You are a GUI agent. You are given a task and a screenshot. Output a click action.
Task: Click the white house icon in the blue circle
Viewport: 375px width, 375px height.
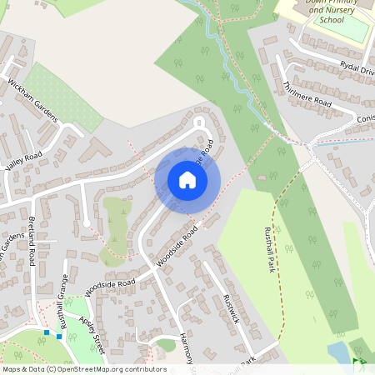coord(187,180)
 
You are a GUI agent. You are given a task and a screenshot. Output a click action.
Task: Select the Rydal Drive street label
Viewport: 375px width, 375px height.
coord(357,67)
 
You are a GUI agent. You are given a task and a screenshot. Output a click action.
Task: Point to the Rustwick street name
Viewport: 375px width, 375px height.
coord(233,309)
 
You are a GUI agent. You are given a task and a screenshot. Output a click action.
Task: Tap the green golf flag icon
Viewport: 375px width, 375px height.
coord(358,362)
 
